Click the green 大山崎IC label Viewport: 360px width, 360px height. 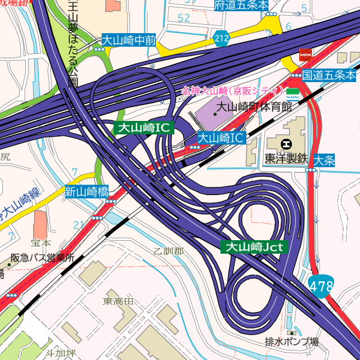coord(142,128)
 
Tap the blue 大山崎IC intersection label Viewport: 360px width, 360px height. coord(221,137)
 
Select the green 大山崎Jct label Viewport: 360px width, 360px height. coord(254,246)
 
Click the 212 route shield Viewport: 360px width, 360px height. coord(222,38)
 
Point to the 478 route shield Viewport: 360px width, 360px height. coord(321,286)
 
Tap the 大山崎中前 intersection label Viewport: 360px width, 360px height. coord(128,40)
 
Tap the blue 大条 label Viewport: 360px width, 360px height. coord(325,160)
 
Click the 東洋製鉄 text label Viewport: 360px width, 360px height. coord(287,159)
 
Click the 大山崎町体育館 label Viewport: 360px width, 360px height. coord(255,106)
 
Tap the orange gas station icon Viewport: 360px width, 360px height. coord(305,55)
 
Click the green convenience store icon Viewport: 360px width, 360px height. coord(292,91)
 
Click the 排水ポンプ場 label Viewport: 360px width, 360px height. coord(291,341)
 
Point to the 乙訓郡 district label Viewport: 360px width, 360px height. coord(168,251)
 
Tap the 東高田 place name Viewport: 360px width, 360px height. coord(119,301)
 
